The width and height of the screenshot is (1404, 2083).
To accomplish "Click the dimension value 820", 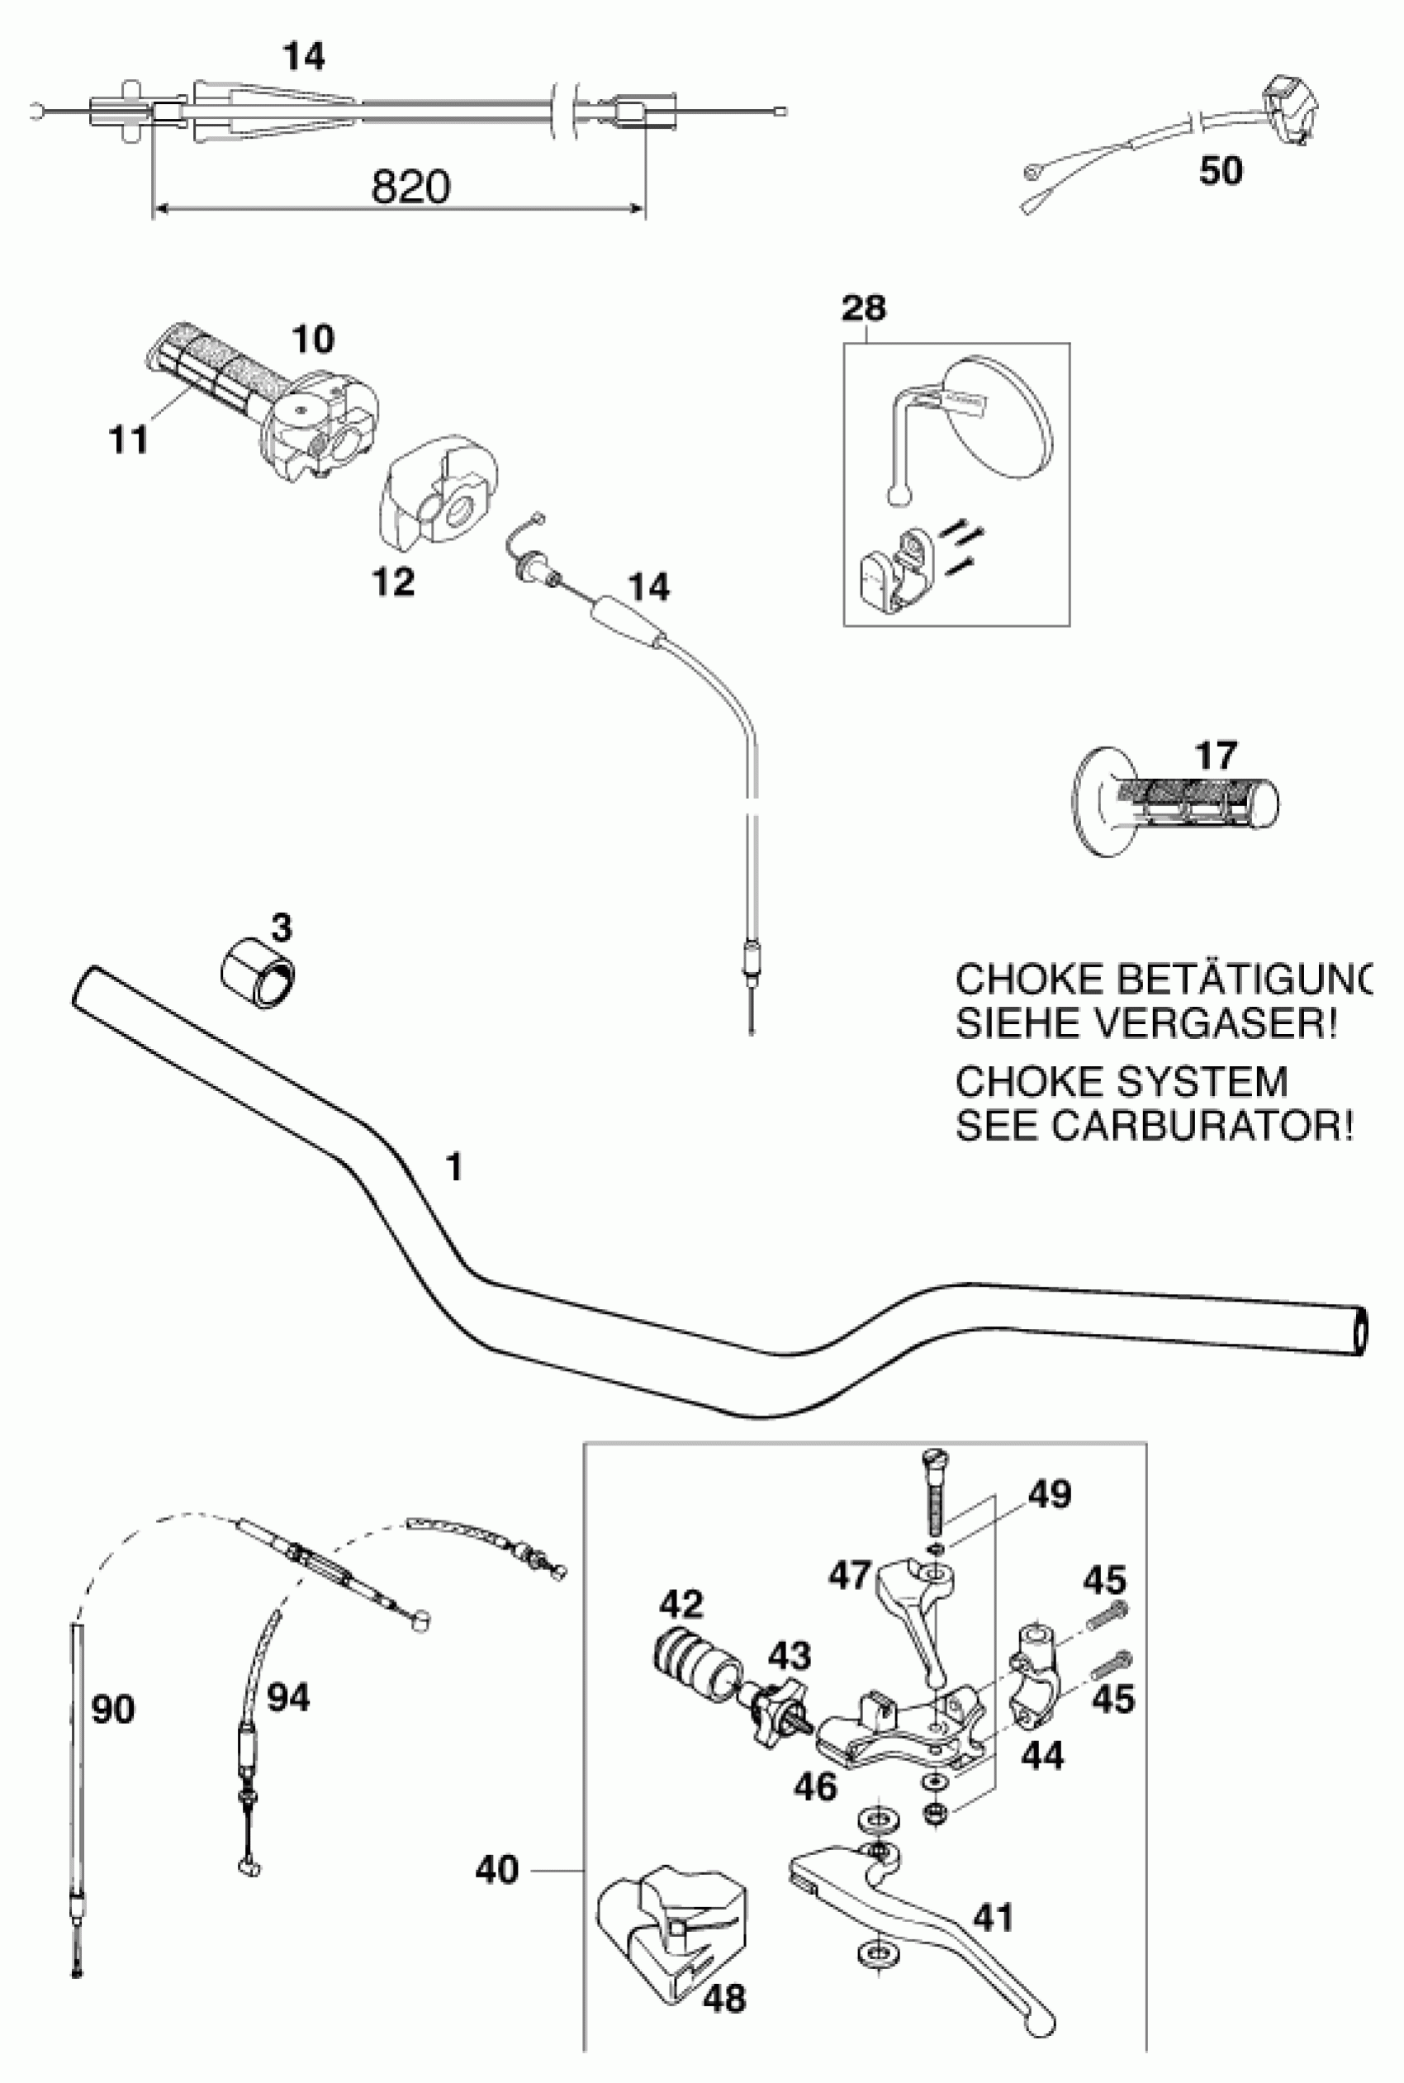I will click(x=410, y=187).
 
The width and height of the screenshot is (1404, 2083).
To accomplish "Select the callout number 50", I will click(x=1221, y=170).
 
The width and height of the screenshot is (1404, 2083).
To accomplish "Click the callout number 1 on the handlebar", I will click(x=455, y=1168).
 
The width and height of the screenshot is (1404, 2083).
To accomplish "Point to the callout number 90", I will click(x=114, y=1710).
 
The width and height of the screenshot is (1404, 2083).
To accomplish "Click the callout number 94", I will click(x=288, y=1698).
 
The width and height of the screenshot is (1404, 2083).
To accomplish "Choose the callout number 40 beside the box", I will click(x=497, y=1870).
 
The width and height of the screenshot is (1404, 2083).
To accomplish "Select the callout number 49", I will click(x=1050, y=1494).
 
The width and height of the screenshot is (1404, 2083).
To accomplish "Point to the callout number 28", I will click(x=864, y=308).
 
